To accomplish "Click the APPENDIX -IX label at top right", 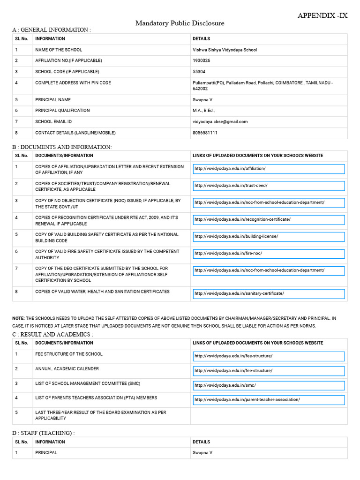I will (322, 15).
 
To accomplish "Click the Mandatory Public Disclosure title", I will (180, 23).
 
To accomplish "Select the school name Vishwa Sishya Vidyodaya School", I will (225, 50).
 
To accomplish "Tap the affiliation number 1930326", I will (201, 60).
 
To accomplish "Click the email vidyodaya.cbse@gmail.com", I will (220, 121).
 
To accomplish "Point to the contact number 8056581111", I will (205, 133).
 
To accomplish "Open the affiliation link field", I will (269, 169).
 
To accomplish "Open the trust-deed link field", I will (269, 186).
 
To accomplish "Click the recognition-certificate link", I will (269, 219).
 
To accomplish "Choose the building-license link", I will (269, 237).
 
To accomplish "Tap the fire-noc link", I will (269, 254).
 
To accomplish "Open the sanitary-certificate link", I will (269, 294).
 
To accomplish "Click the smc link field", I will (269, 385).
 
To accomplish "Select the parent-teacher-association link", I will (269, 400).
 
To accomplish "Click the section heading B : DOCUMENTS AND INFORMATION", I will (62, 147).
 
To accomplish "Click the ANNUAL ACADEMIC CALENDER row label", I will (67, 369).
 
